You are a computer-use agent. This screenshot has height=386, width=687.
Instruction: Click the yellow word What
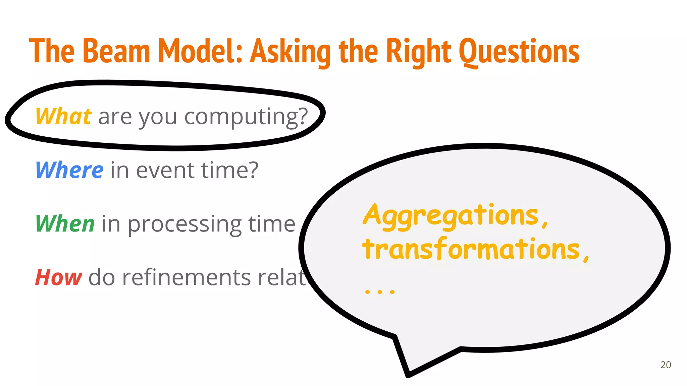(x=63, y=117)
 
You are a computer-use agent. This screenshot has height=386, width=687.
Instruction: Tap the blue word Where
(x=69, y=170)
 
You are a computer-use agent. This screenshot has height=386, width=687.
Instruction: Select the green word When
(x=65, y=224)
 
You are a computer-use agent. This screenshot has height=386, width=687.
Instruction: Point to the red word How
(x=58, y=277)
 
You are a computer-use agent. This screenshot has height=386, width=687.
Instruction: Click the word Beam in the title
(x=116, y=51)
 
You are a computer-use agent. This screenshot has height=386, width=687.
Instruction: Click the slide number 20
(x=666, y=365)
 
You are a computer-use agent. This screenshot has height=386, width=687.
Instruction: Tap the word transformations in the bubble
(x=471, y=250)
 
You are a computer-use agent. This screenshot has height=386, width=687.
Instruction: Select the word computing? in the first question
(x=246, y=117)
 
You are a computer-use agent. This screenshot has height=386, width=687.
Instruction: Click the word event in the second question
(x=165, y=170)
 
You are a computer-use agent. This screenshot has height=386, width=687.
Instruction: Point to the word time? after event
(x=230, y=170)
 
